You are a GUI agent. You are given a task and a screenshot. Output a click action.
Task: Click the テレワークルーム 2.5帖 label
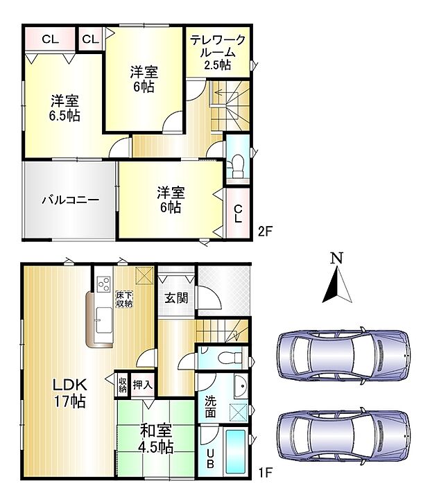(x=218, y=53)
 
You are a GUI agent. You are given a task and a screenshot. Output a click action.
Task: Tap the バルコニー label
(x=69, y=200)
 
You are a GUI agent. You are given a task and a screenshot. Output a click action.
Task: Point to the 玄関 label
(x=175, y=298)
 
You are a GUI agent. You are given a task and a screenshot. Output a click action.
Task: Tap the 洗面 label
(x=209, y=406)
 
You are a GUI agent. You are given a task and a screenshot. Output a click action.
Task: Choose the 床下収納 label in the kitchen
(x=125, y=299)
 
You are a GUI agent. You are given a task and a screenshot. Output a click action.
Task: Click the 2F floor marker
(x=265, y=232)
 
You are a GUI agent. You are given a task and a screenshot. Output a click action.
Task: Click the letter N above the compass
(x=336, y=258)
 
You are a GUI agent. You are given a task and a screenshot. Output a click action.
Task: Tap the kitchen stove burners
(x=104, y=284)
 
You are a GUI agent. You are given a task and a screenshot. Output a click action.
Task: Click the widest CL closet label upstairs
(x=49, y=39)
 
